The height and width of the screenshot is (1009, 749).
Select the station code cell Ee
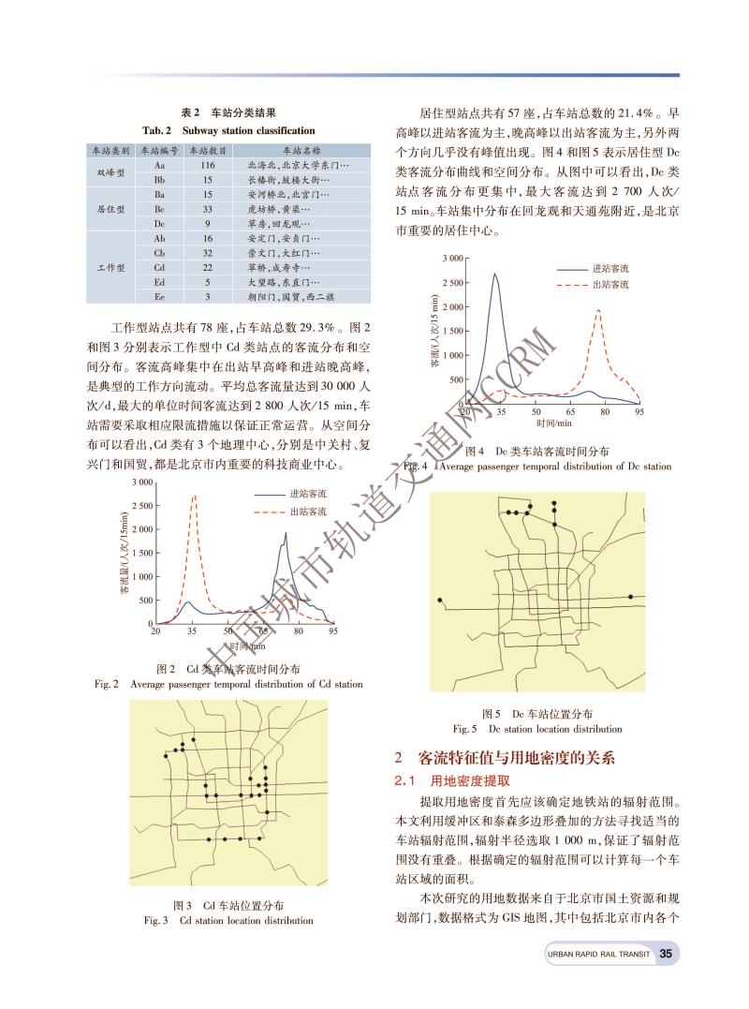(159, 296)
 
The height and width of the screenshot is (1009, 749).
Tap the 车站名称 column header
(301, 150)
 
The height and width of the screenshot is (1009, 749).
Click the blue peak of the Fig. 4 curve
(495, 274)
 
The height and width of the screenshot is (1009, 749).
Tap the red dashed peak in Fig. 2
(195, 497)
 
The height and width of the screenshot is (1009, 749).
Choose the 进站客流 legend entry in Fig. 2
(307, 494)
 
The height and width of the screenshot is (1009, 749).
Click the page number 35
(666, 954)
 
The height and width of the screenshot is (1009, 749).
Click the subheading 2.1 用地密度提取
(442, 779)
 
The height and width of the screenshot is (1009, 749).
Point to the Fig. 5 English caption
(536, 728)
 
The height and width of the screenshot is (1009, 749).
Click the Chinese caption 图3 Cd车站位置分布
(228, 905)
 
